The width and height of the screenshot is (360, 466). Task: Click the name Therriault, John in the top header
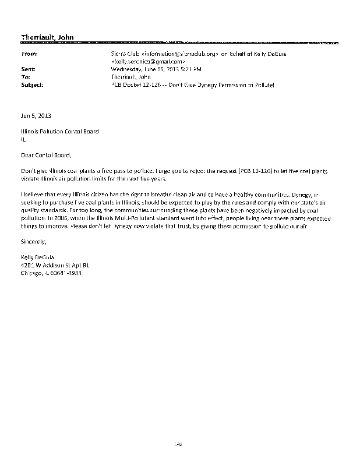47,38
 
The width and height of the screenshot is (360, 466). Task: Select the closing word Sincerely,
33,241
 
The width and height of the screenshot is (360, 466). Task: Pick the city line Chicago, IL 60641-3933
51,273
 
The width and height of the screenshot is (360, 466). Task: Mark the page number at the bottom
179,444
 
